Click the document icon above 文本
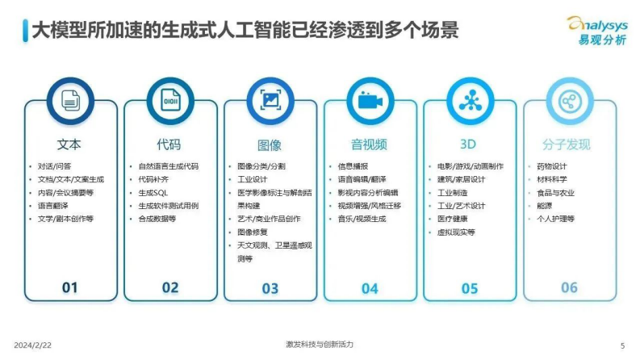(x=70, y=101)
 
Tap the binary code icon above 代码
(x=170, y=101)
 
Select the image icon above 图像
(x=270, y=101)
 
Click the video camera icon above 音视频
(x=370, y=101)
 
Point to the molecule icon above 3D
(x=469, y=101)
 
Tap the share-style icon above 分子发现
(x=569, y=101)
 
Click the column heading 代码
(x=169, y=145)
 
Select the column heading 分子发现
(x=568, y=145)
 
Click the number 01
(x=70, y=287)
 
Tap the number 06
(x=569, y=287)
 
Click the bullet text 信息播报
(x=353, y=166)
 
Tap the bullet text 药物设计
(x=552, y=166)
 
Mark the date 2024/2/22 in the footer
(x=30, y=345)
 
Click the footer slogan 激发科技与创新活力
(x=320, y=344)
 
